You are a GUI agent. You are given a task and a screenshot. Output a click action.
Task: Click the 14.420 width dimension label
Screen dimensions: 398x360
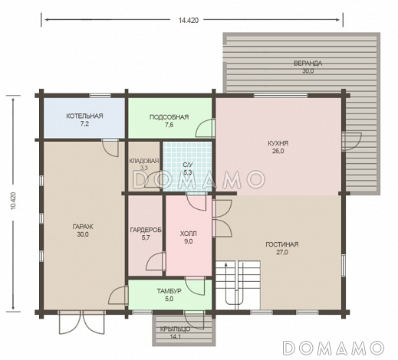coord(189,21)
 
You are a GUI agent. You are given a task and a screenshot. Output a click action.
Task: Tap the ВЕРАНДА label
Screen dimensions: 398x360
coord(308,64)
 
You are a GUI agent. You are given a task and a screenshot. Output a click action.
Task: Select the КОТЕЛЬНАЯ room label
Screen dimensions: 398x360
coord(84,116)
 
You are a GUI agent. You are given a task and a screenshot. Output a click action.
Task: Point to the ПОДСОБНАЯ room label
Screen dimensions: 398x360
coord(169,117)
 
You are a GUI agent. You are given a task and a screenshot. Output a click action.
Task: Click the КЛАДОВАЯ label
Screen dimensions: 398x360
coord(144,161)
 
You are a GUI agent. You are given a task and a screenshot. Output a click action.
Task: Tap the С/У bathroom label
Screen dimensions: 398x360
coord(187,165)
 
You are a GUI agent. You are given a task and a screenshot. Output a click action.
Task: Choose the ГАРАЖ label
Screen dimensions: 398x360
coord(83,227)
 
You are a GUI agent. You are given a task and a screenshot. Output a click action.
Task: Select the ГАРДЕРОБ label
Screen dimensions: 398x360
coord(146,231)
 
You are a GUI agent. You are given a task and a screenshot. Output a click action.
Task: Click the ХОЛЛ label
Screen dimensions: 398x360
coord(189,234)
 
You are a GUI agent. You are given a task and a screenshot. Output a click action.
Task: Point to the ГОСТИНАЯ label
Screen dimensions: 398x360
coord(282,244)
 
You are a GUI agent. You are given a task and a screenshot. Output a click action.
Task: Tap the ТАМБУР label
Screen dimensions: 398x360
coord(169,291)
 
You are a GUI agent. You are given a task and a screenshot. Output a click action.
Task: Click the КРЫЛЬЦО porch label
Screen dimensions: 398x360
coord(176,329)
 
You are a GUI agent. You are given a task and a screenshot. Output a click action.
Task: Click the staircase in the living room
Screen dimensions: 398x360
coord(238,285)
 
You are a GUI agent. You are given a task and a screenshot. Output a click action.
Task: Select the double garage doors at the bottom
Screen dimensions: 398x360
coord(82,322)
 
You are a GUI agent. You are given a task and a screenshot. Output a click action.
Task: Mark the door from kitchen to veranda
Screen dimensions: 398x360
coord(351,141)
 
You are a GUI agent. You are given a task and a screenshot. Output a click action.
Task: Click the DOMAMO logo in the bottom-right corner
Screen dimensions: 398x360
coord(334,348)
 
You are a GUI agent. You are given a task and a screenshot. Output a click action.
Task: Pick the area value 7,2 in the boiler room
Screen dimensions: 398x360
coord(84,124)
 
